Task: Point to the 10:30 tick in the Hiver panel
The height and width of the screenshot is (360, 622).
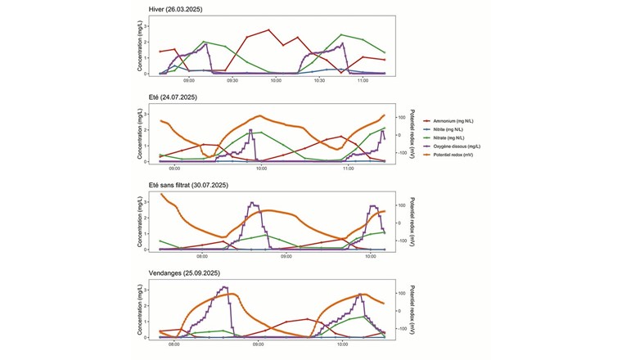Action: [x=319, y=81]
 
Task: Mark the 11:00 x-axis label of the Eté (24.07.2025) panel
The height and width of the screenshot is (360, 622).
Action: [x=348, y=169]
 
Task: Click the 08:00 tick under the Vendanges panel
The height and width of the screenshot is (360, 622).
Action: [x=174, y=344]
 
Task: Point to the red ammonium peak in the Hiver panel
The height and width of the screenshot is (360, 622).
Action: [x=268, y=30]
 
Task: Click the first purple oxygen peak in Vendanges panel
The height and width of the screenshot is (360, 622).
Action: [x=225, y=287]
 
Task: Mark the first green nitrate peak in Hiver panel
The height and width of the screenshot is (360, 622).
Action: [x=204, y=42]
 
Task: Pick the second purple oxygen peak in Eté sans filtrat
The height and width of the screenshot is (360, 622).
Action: [x=373, y=206]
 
